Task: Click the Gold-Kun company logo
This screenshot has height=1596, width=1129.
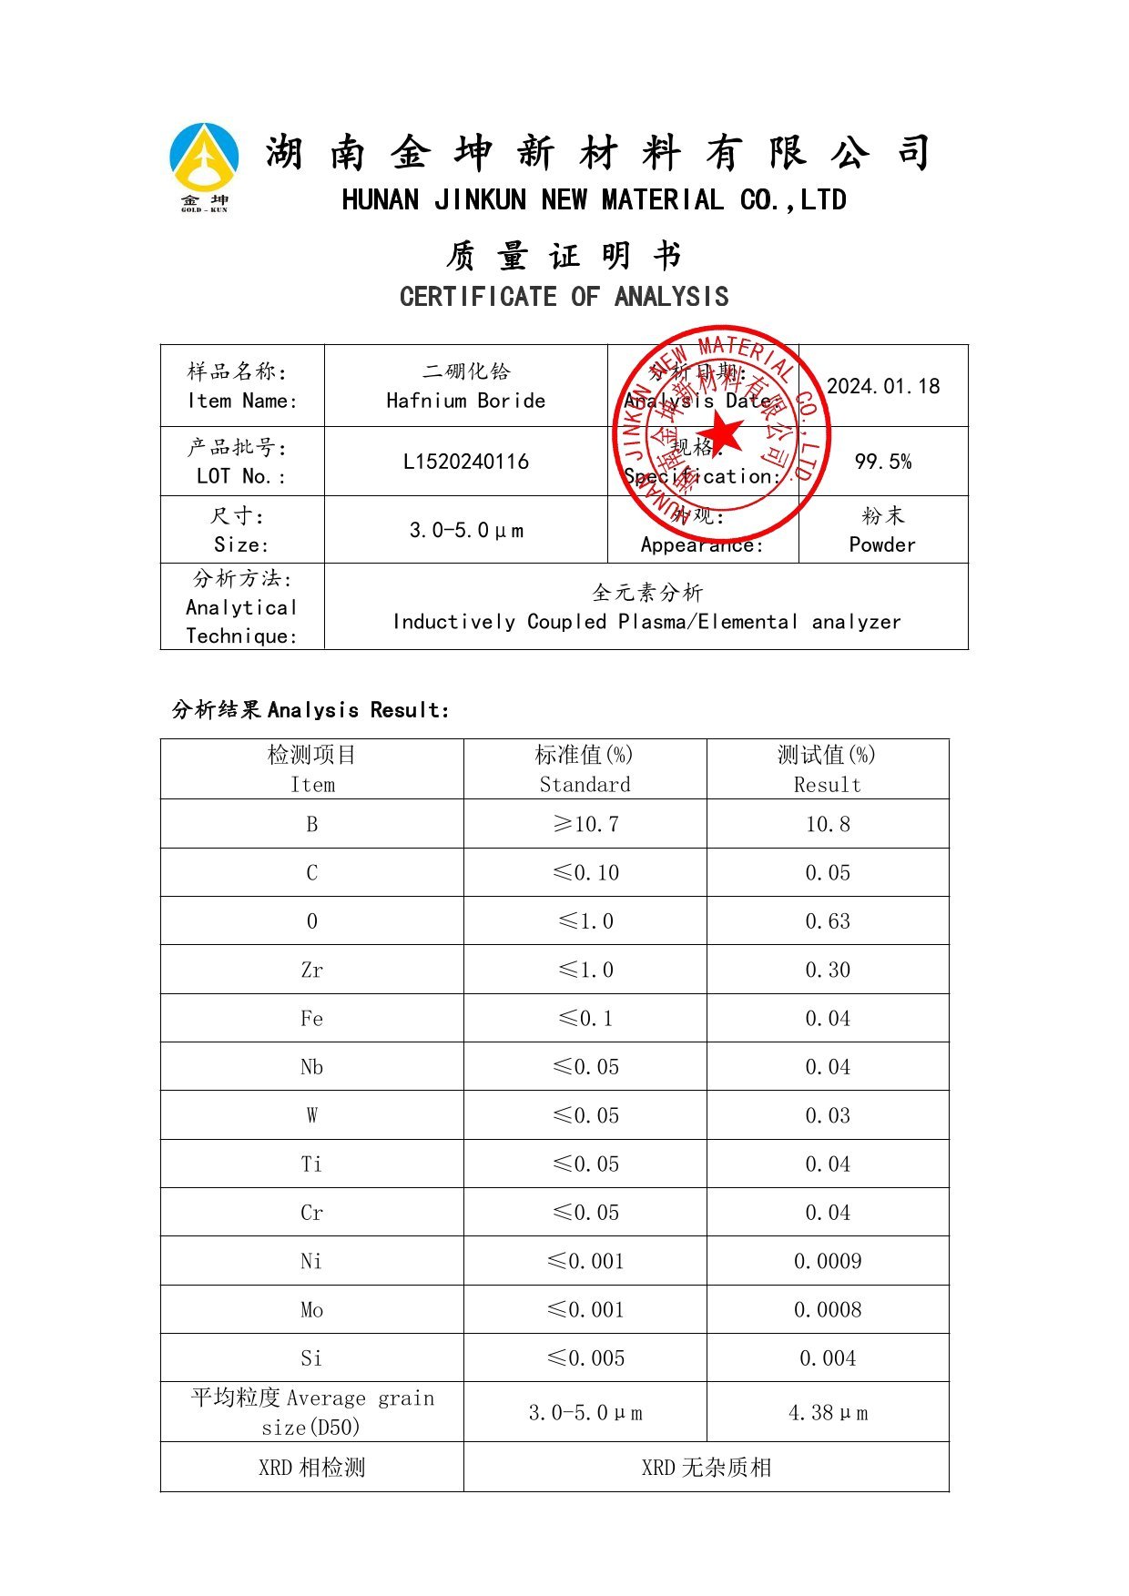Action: pos(205,167)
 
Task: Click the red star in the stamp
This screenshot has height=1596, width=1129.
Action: pos(722,432)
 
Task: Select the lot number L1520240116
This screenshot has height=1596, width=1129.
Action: pos(465,462)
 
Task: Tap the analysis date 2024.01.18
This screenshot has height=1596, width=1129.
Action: pos(882,386)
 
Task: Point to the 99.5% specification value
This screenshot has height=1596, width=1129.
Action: pos(882,462)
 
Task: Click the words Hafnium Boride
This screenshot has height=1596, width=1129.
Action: pos(465,401)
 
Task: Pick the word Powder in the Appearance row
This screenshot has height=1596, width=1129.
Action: pos(881,544)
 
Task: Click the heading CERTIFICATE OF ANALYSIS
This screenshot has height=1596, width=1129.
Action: pos(564,297)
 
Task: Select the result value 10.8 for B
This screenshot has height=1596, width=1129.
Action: pos(827,825)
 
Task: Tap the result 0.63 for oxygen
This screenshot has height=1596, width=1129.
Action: pos(827,921)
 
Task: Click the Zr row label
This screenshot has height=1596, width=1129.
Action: pos(311,971)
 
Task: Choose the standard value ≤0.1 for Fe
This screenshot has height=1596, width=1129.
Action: pos(585,1019)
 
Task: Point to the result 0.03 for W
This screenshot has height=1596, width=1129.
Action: pos(827,1116)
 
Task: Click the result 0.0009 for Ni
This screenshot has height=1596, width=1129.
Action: pos(827,1262)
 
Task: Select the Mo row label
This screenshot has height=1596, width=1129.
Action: pos(311,1310)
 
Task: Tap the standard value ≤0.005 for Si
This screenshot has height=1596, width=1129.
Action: pos(585,1358)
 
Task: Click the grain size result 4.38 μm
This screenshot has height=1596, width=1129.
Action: pos(827,1413)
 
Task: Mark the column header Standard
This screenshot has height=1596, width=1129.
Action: pos(585,785)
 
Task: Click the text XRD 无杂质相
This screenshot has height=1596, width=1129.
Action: pos(706,1468)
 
